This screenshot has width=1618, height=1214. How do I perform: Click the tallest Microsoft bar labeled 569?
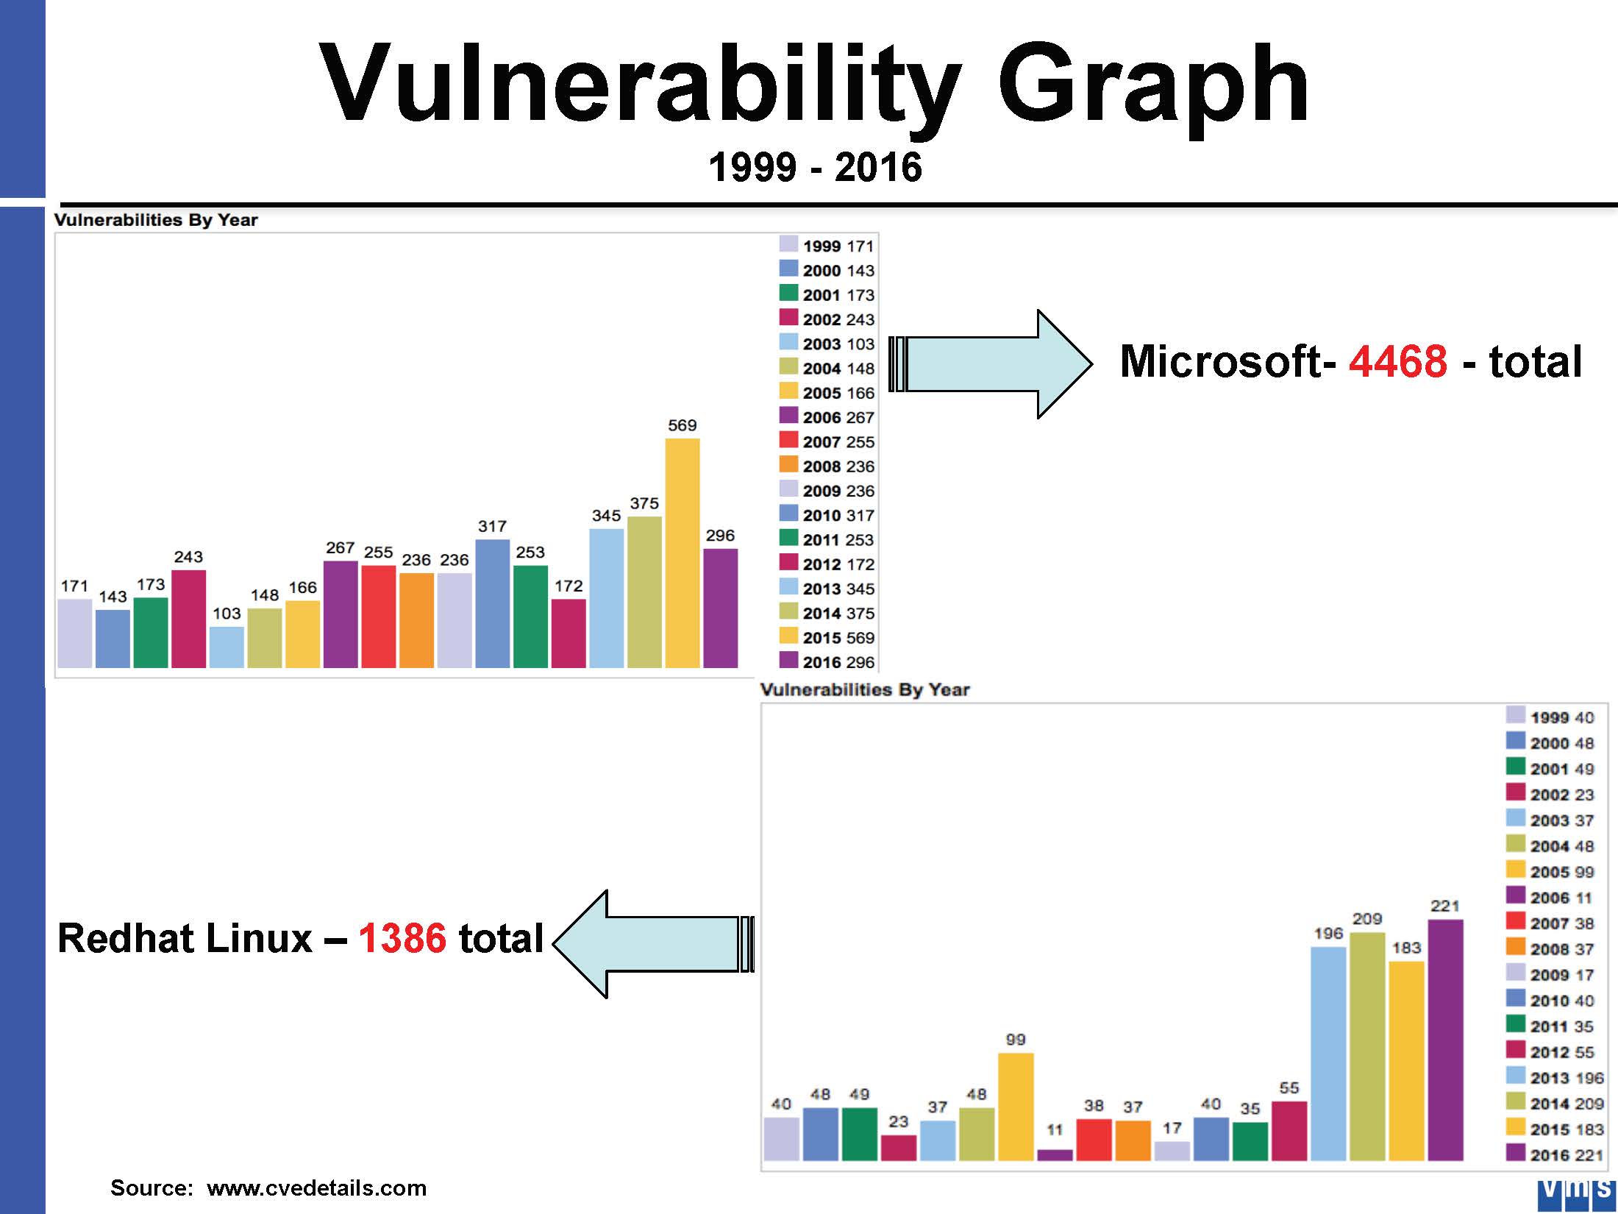[x=683, y=553]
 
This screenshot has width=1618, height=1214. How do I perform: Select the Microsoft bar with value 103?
[x=227, y=647]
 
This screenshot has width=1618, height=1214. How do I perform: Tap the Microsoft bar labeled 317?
[x=493, y=604]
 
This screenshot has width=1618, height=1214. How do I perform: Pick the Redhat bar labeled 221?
[x=1446, y=1040]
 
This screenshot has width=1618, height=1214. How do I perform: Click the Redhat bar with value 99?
[x=1016, y=1107]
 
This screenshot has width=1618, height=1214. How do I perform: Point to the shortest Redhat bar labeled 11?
[x=1055, y=1154]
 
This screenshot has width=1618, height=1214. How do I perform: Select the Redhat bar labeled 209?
[x=1368, y=1046]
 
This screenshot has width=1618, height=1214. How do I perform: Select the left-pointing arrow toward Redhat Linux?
[x=653, y=944]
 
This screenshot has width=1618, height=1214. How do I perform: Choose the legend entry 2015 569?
[x=827, y=637]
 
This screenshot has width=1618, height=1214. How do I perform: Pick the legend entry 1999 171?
[x=827, y=246]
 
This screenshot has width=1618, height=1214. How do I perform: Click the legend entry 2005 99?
[x=1550, y=871]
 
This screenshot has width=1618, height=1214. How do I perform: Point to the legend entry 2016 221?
[x=1555, y=1154]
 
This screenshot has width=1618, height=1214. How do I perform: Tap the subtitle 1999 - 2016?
[x=815, y=166]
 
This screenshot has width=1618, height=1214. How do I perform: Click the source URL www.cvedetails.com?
[x=316, y=1188]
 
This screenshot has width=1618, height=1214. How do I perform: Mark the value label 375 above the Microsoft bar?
[x=644, y=503]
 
